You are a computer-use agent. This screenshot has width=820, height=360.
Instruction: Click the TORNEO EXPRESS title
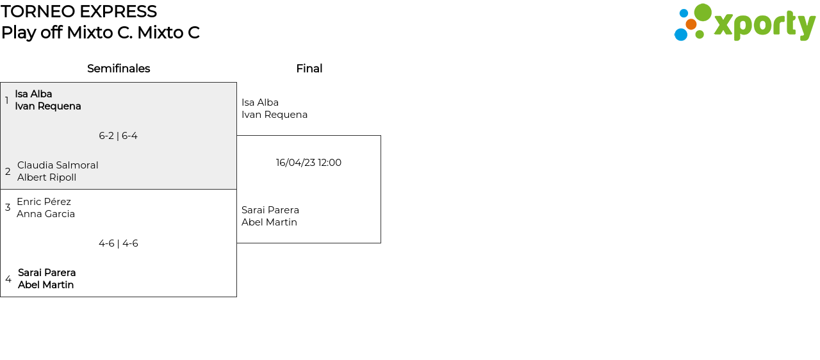coord(79,12)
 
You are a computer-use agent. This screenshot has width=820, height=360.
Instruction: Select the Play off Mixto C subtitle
coord(100,33)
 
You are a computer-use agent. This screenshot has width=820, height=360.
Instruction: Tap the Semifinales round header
coord(119,69)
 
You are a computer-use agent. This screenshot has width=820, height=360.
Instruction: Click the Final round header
coord(309,69)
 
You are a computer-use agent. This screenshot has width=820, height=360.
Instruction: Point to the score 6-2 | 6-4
coord(118,136)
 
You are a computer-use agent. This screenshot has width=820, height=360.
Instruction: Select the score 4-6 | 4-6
coord(118,243)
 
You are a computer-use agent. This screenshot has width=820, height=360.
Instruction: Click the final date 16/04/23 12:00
coord(308,163)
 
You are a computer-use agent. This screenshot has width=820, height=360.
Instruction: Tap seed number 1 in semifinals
coord(7,101)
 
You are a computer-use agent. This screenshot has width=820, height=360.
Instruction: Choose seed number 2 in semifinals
coord(8,172)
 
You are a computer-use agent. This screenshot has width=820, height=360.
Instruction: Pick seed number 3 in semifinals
coord(8,208)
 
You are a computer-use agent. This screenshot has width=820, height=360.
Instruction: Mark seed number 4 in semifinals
coord(8,279)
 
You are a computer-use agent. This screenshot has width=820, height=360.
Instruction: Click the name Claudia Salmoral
coord(58,165)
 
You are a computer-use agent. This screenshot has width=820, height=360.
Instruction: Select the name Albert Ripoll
coord(47,177)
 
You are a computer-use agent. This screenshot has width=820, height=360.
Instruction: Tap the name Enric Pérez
coord(44,202)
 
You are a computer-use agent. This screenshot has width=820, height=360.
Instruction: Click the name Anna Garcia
coord(45,214)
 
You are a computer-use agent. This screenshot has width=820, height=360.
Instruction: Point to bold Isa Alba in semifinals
coord(33,94)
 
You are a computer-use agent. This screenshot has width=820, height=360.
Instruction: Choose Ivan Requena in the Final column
coord(274,115)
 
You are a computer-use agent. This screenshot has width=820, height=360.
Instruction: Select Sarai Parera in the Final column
coord(270,210)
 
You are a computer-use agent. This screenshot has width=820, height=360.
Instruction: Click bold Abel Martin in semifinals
coord(45,285)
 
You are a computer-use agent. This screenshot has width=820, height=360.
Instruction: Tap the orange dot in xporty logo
coord(691,24)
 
